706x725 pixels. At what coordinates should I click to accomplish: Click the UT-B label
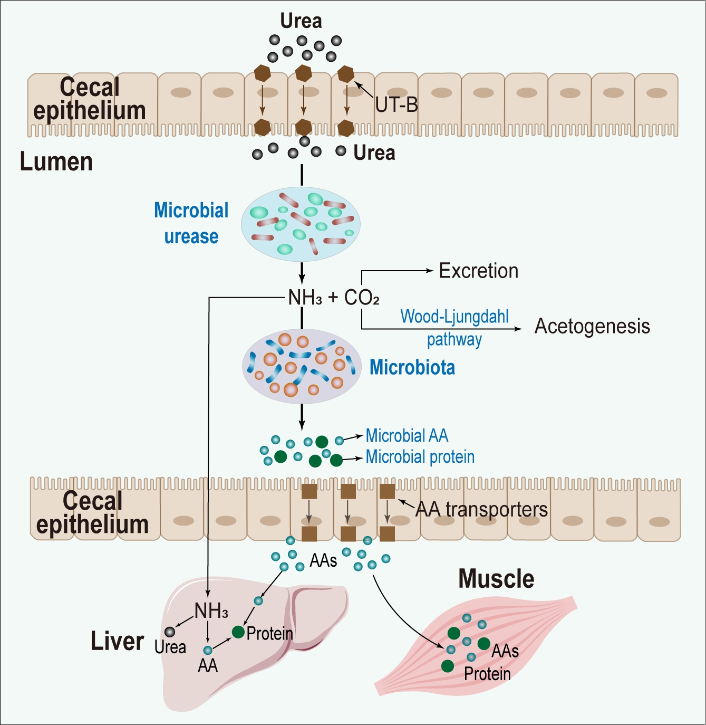(396, 106)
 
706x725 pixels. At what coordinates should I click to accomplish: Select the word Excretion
(479, 271)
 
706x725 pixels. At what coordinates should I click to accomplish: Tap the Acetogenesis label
(592, 326)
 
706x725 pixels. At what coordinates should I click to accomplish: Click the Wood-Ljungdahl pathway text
(454, 328)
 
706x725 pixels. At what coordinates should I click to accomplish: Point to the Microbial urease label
(191, 223)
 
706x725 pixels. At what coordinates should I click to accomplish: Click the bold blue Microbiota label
(412, 367)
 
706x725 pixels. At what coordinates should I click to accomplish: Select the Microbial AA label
(407, 436)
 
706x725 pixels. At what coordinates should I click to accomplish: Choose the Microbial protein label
(420, 456)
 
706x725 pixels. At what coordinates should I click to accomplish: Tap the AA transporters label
(482, 509)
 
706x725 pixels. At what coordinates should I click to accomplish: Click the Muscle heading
(496, 579)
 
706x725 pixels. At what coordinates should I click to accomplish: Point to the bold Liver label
(117, 641)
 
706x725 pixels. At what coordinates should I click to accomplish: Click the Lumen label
(56, 161)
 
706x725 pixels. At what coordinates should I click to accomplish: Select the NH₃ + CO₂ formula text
(333, 298)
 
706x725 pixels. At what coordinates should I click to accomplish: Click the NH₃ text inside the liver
(211, 611)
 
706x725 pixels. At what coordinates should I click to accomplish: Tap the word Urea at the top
(301, 21)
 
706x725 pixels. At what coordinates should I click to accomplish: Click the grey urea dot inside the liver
(170, 632)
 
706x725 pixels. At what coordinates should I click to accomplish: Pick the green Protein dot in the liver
(238, 632)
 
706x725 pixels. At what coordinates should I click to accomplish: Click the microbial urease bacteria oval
(301, 224)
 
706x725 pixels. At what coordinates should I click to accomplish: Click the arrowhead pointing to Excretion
(430, 271)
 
